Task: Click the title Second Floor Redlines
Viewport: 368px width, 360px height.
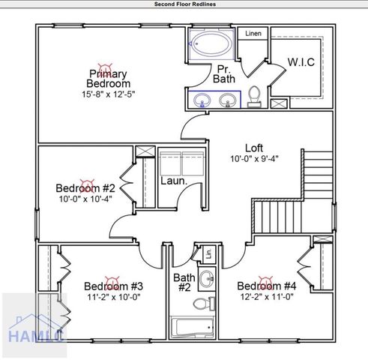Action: pos(184,4)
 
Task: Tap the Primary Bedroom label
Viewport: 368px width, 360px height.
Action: pos(108,79)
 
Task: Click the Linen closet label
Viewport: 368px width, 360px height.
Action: pos(253,34)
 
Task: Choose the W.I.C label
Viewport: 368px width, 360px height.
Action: pos(301,61)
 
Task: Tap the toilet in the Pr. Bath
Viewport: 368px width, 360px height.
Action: pos(255,96)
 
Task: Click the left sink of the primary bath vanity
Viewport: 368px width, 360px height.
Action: pos(203,99)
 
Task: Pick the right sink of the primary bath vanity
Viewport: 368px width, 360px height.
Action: pos(227,99)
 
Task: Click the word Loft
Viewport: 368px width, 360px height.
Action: pos(254,147)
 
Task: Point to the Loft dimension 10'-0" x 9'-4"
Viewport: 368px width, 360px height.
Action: pos(254,159)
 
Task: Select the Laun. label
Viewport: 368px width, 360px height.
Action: pos(173,181)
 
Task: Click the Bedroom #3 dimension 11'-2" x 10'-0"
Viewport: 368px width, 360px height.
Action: pos(113,297)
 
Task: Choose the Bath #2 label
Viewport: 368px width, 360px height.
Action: pos(184,282)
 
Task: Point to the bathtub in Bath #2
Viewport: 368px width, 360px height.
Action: pos(193,327)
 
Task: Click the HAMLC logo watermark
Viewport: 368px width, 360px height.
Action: pos(34,326)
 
